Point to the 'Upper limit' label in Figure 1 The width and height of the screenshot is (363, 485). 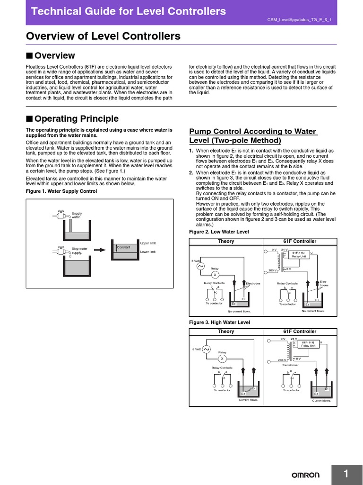tap(148, 243)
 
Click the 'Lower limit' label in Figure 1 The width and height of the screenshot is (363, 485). tap(148, 251)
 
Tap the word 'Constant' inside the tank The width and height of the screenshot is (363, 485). tap(123, 248)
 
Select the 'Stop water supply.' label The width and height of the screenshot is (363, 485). tap(79, 251)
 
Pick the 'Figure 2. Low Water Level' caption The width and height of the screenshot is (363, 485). tap(219, 232)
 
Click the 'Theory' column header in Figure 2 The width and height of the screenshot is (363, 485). tap(226, 242)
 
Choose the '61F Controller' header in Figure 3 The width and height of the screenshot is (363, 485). tap(300, 332)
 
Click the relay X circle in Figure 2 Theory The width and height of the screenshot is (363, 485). tap(215, 275)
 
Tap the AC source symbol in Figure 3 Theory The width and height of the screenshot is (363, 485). tap(206, 349)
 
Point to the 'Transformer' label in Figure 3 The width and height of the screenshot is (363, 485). tap(290, 365)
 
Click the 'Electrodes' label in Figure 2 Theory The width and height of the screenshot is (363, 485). tap(253, 283)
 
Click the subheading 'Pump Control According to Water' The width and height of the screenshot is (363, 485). tap(252, 131)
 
